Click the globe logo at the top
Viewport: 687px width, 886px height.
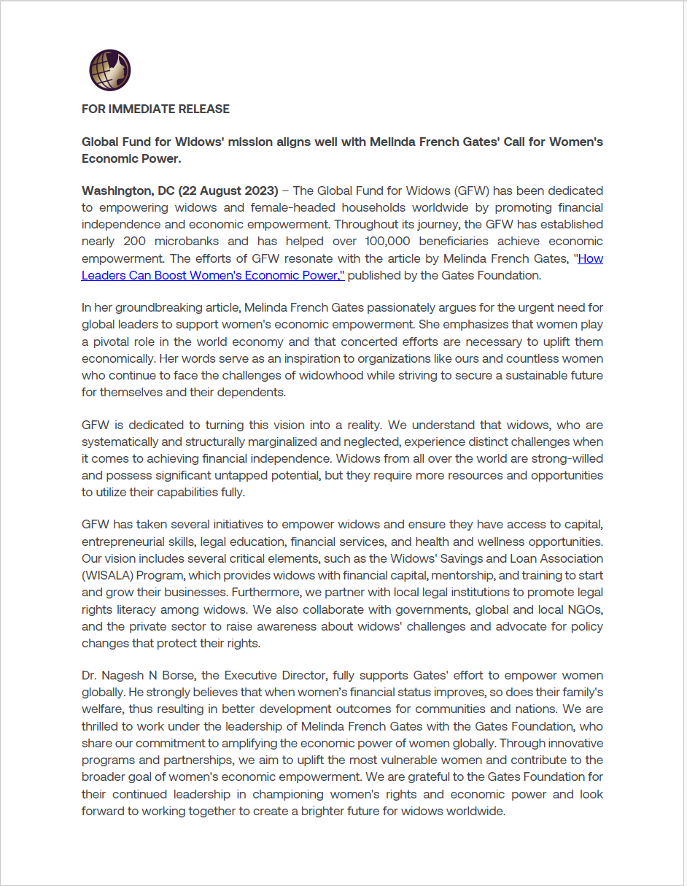(x=110, y=71)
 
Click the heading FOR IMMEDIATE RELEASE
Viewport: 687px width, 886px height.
(x=155, y=109)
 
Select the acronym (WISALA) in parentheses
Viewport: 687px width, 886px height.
(x=106, y=575)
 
